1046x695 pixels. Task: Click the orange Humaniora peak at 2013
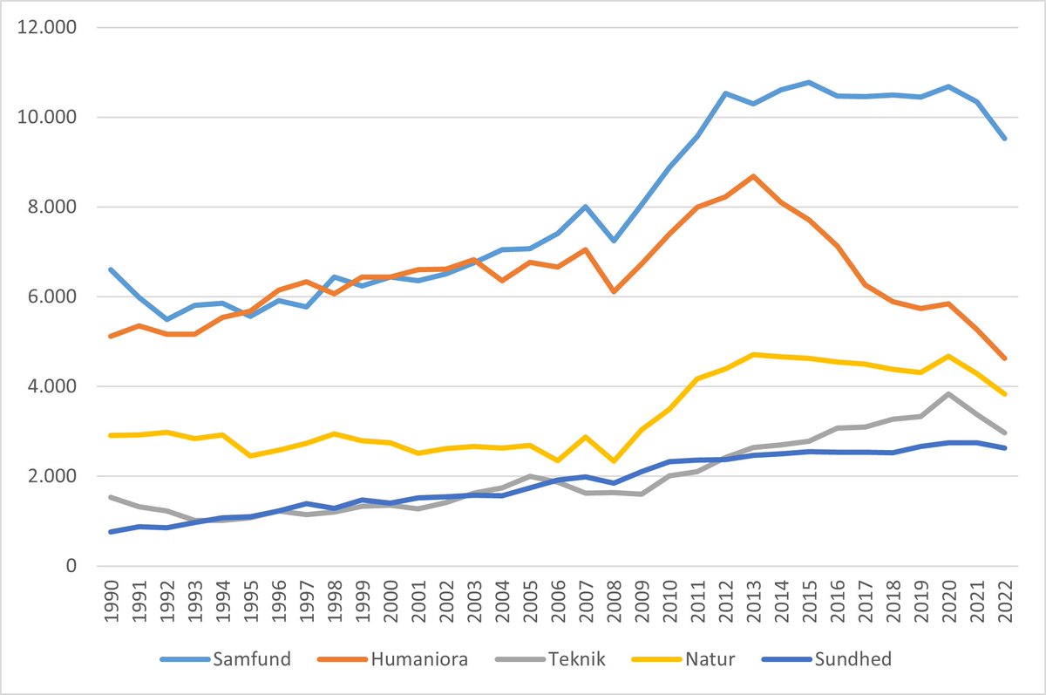click(x=753, y=176)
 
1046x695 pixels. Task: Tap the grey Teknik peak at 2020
click(x=948, y=394)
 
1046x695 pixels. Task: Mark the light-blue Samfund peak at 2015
click(x=809, y=82)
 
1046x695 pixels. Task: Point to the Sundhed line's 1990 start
click(x=112, y=531)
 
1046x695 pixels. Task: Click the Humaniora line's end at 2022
click(x=1004, y=358)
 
